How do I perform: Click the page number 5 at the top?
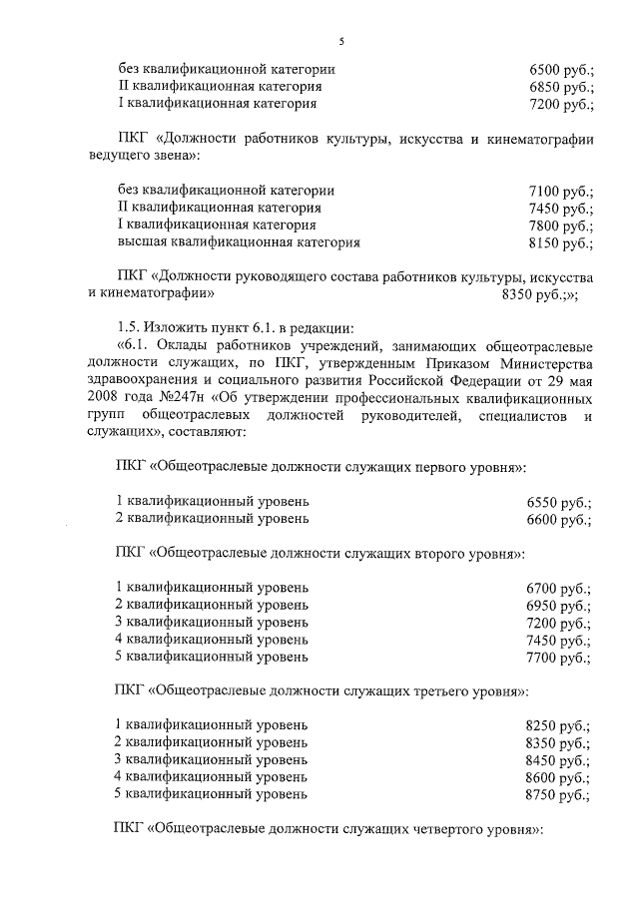pos(340,40)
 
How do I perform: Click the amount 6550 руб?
pos(559,502)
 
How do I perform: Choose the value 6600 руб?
pos(559,520)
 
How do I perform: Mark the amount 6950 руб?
pos(559,606)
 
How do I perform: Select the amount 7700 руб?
pos(559,658)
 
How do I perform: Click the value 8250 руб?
pos(559,726)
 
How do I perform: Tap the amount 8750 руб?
pos(559,795)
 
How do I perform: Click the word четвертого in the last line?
pos(447,830)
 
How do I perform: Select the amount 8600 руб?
pos(559,778)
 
